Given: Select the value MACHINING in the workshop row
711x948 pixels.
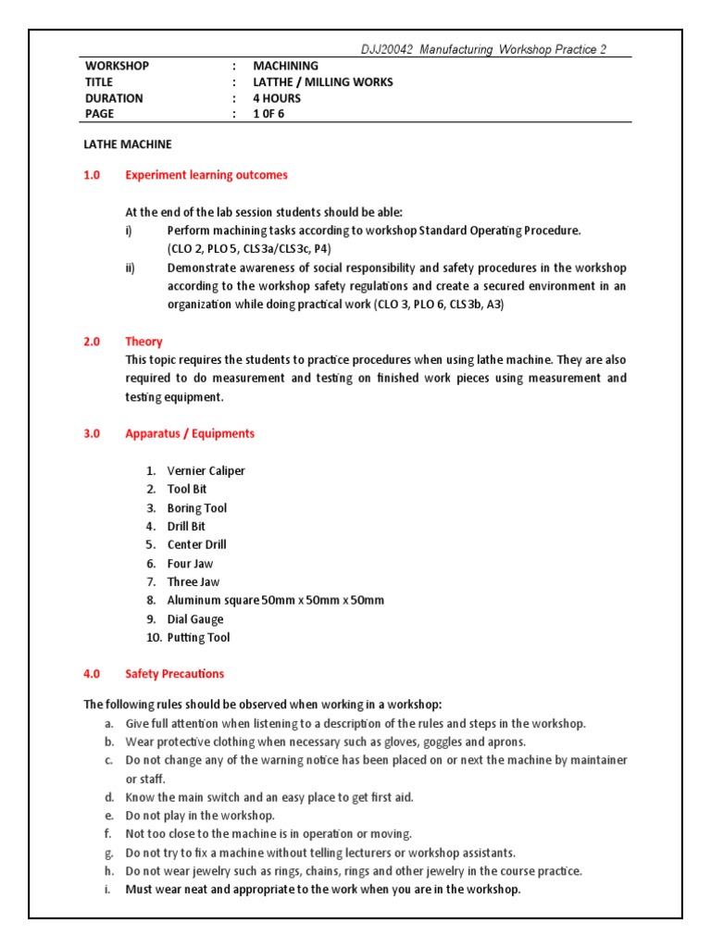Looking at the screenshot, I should click(286, 66).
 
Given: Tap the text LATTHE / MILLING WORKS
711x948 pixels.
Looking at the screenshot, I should click(323, 81).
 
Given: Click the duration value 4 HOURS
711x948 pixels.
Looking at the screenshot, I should click(279, 97).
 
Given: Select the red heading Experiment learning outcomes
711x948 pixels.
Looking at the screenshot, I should click(206, 175).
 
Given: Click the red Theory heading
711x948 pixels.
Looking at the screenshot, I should click(143, 342).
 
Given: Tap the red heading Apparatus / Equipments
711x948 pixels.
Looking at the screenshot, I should click(190, 433).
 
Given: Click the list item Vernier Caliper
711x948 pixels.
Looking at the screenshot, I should click(206, 471).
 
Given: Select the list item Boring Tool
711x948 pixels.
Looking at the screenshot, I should click(196, 508).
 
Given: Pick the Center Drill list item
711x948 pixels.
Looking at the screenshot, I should click(196, 544).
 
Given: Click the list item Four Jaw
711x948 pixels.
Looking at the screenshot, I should click(190, 564).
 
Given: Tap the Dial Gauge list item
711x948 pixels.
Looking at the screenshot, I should click(194, 619).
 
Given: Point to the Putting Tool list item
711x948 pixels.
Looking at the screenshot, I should click(198, 638).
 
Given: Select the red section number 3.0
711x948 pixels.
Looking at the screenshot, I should click(92, 433).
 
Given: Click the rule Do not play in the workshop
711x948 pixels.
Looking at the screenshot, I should click(200, 816).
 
